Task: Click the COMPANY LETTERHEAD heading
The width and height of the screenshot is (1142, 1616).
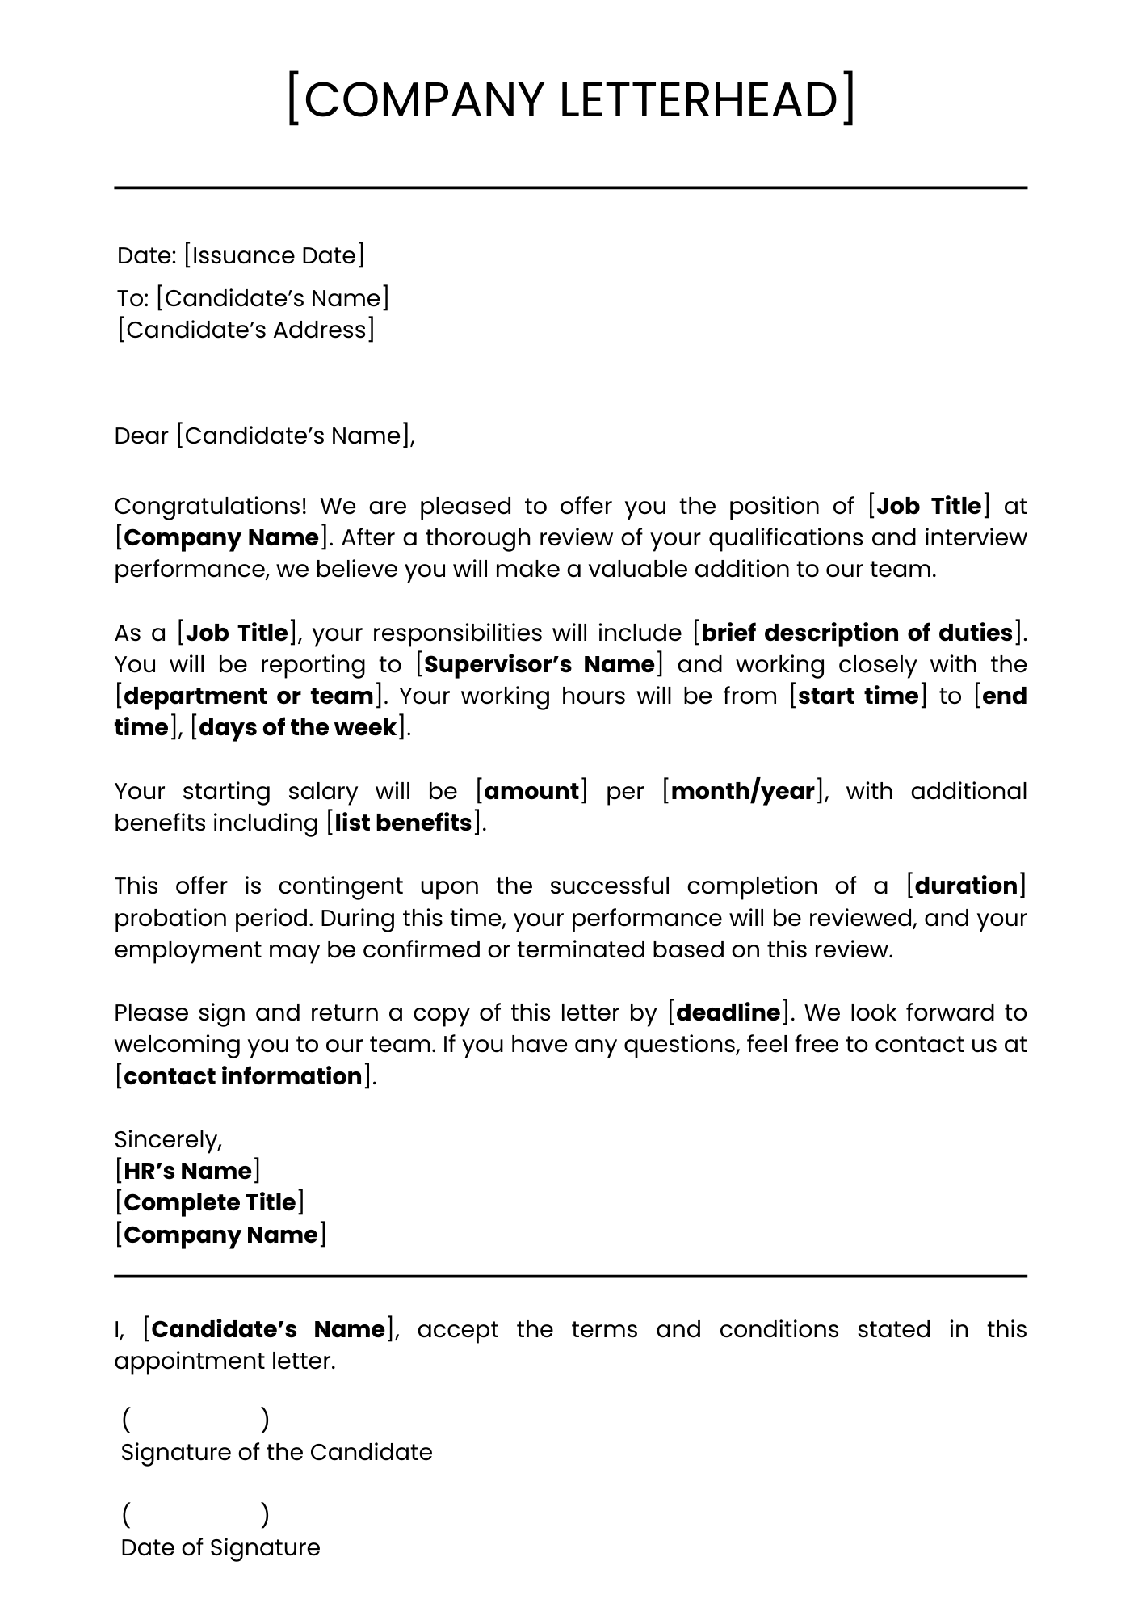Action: tap(570, 99)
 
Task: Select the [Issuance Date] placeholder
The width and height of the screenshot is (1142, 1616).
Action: tap(274, 255)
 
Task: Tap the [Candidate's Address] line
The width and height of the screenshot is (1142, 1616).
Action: tap(246, 330)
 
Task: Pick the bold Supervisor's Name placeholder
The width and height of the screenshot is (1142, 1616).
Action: tap(540, 664)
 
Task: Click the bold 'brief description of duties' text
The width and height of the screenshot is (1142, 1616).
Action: tap(857, 633)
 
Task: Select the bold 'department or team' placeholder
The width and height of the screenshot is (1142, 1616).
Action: tap(248, 696)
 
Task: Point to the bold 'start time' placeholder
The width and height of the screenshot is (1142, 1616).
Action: tap(858, 696)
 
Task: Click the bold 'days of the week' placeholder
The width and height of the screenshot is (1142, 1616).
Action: tap(298, 727)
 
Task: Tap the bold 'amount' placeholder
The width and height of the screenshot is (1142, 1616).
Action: tap(531, 791)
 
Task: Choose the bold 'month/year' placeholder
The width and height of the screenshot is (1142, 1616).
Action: tap(742, 791)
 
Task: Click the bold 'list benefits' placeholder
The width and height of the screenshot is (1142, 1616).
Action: tap(403, 823)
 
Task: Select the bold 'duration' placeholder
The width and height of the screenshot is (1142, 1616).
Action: tap(966, 886)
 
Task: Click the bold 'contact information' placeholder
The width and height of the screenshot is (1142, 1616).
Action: tap(243, 1076)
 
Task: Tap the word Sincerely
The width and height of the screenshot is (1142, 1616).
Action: tap(167, 1139)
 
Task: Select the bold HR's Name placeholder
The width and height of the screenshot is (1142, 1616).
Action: tap(187, 1171)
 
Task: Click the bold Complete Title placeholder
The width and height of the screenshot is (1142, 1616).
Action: tap(210, 1202)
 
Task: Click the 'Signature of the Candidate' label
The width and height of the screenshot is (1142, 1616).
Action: tap(276, 1452)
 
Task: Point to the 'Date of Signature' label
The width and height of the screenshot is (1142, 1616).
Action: tap(220, 1547)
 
